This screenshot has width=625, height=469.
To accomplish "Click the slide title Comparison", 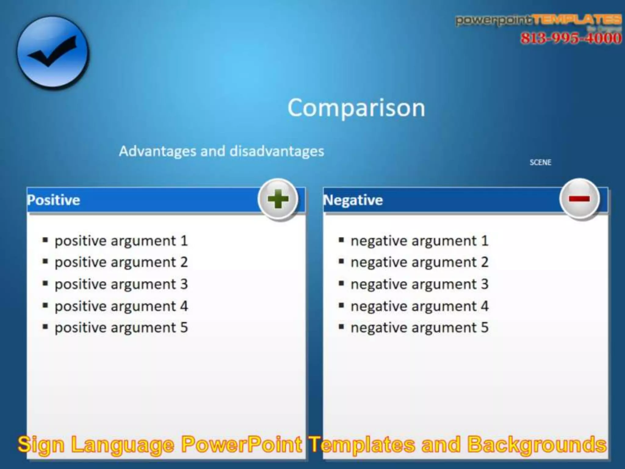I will [x=356, y=108].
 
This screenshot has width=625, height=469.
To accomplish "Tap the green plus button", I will [x=278, y=199].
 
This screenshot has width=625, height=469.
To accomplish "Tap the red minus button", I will [x=579, y=199].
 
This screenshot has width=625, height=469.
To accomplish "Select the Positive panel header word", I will [x=54, y=200].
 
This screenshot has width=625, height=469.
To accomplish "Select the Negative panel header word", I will [x=353, y=200].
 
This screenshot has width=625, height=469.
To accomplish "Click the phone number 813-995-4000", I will [x=571, y=38].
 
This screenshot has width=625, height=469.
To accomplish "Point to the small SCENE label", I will [x=540, y=162].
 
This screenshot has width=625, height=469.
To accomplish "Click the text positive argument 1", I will [x=121, y=241].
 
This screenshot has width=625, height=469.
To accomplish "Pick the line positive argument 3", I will [x=121, y=284].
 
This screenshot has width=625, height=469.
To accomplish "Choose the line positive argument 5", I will [x=121, y=328].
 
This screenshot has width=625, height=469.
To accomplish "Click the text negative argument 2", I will [x=420, y=262].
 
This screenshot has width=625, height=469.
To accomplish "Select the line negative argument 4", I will [x=420, y=306].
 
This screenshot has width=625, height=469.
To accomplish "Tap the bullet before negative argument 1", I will [x=341, y=240].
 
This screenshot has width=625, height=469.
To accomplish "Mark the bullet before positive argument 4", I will [x=45, y=305].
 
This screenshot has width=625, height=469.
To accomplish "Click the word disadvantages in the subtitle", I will [x=277, y=151].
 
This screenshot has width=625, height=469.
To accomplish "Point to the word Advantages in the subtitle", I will [x=157, y=151].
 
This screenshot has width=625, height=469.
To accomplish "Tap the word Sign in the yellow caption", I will [x=41, y=445].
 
